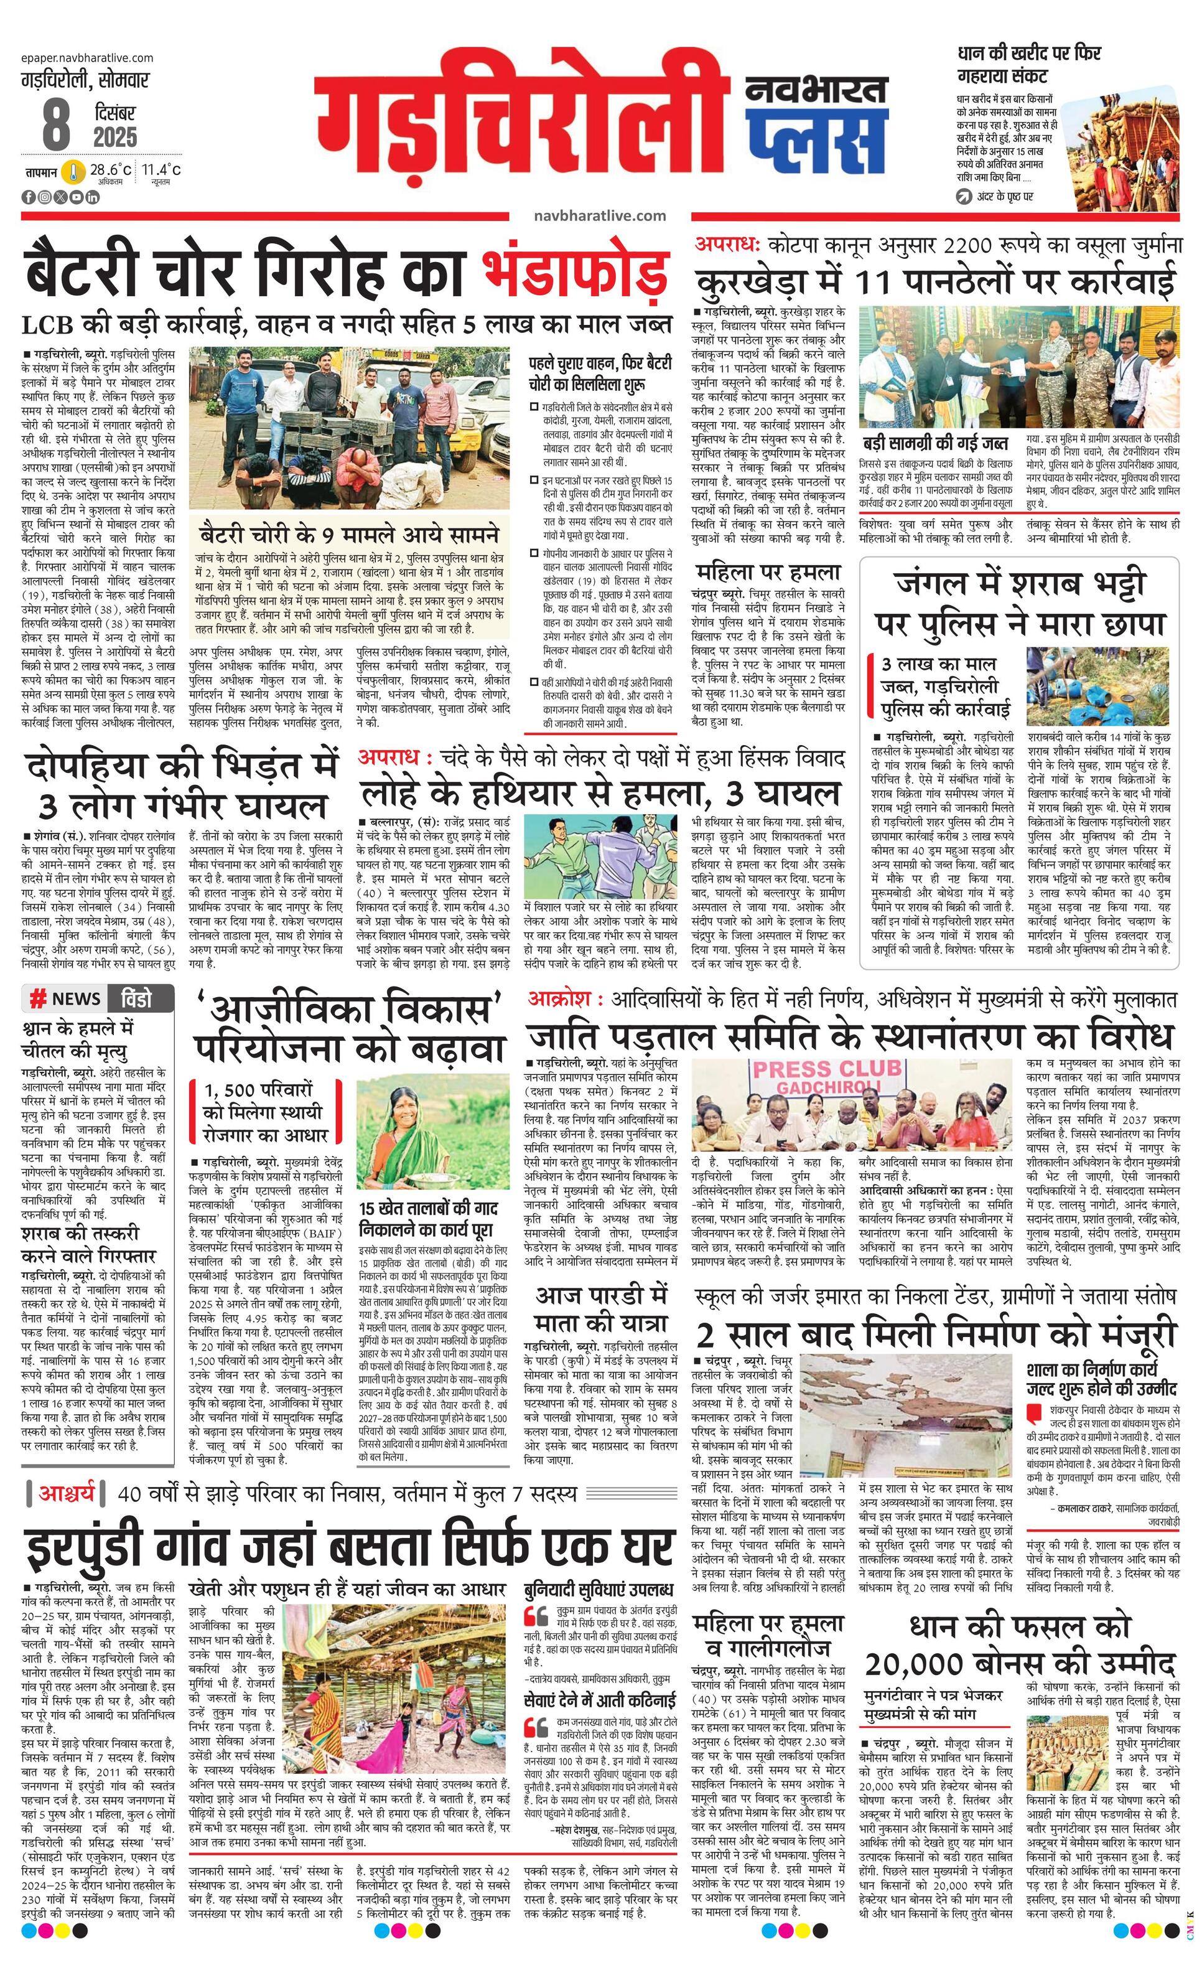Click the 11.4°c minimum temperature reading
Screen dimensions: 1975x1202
pyautogui.click(x=162, y=169)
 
